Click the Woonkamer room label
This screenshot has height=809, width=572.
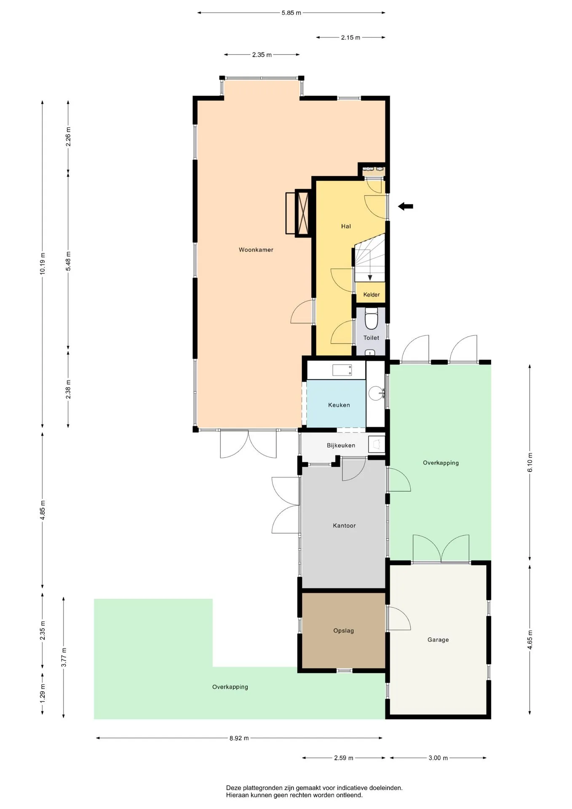point(256,250)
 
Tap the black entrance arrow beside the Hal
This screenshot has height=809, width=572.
point(406,206)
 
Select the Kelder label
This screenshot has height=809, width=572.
point(372,295)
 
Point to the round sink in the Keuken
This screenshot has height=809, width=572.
point(376,393)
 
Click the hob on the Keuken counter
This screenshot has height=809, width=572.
point(342,370)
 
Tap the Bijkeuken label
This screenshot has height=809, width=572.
point(341,445)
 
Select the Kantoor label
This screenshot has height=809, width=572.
point(344,525)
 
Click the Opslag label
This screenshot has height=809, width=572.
point(343,631)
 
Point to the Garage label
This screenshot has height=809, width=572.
point(438,640)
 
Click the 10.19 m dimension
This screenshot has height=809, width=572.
point(43,263)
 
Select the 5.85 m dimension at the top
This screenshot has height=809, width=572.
point(291,13)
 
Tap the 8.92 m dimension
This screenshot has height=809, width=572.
point(239,738)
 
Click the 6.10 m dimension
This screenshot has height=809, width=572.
point(530,462)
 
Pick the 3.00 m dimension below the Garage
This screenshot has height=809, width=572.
point(438,758)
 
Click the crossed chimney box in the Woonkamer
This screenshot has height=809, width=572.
point(303,212)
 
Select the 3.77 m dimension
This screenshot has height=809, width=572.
point(64,657)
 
